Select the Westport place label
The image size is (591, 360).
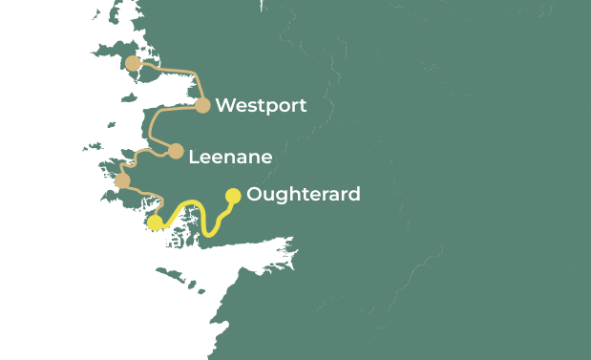pyautogui.click(x=261, y=106)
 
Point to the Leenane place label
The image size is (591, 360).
pyautogui.click(x=230, y=157)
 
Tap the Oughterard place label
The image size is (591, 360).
pyautogui.click(x=303, y=195)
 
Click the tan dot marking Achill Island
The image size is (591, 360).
pyautogui.click(x=134, y=64)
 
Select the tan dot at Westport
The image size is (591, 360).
pyautogui.click(x=202, y=105)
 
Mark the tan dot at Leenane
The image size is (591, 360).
pyautogui.click(x=176, y=151)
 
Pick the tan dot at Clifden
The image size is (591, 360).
pyautogui.click(x=122, y=180)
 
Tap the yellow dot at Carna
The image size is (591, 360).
pyautogui.click(x=155, y=222)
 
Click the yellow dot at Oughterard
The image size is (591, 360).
pyautogui.click(x=232, y=196)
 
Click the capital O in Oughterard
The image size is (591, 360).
pyautogui.click(x=254, y=195)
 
